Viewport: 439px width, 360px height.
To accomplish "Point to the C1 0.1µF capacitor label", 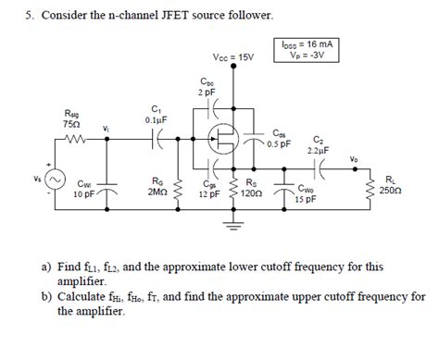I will pos(153,114).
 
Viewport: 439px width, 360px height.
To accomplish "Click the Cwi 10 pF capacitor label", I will pos(81,190).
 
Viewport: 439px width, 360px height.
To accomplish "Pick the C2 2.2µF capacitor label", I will pos(320,143).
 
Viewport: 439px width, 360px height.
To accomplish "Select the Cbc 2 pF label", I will pos(207,87).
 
